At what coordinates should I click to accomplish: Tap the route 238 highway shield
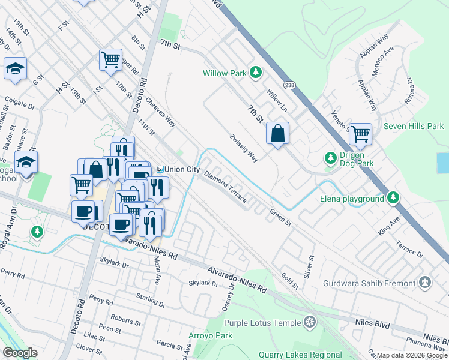pyautogui.click(x=290, y=85)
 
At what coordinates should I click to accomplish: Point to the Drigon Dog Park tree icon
pyautogui.click(x=330, y=158)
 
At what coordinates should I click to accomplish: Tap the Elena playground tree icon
pyautogui.click(x=393, y=197)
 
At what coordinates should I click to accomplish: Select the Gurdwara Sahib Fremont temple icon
pyautogui.click(x=425, y=282)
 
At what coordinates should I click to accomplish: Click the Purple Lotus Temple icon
pyautogui.click(x=310, y=322)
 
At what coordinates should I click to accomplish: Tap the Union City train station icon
pyautogui.click(x=160, y=169)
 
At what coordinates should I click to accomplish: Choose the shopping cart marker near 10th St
pyautogui.click(x=111, y=59)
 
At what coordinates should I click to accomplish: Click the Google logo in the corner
pyautogui.click(x=20, y=353)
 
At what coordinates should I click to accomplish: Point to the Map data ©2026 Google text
pyautogui.click(x=412, y=355)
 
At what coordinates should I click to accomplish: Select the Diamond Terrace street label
pyautogui.click(x=225, y=187)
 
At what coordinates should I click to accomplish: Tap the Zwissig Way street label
pyautogui.click(x=244, y=148)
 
